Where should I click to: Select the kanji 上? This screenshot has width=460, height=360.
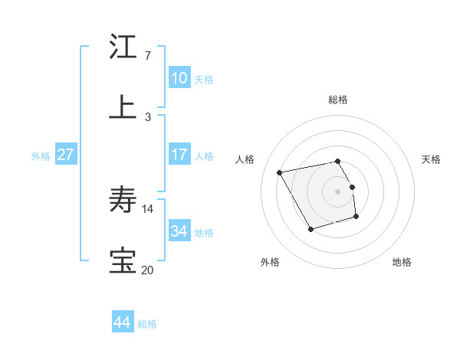(124, 107)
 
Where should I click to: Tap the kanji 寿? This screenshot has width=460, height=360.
(124, 200)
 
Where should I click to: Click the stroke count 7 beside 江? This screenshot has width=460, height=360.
(147, 56)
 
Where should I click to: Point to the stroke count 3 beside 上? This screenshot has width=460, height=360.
(147, 116)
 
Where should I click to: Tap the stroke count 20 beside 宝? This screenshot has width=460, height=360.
(147, 270)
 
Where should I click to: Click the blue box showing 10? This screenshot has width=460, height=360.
(179, 78)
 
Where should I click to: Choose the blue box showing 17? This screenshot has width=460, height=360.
(179, 155)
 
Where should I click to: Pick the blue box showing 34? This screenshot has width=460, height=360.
(179, 231)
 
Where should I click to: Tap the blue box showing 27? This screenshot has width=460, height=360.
(66, 155)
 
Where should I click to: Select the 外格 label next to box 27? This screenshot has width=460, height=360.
(41, 156)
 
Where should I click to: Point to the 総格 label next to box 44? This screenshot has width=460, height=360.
(147, 325)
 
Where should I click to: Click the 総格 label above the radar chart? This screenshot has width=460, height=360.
(338, 100)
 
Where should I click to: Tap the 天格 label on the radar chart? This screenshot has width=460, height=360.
(431, 159)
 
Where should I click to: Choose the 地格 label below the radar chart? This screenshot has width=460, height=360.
(402, 262)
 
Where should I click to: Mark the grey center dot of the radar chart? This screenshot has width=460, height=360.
(338, 191)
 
